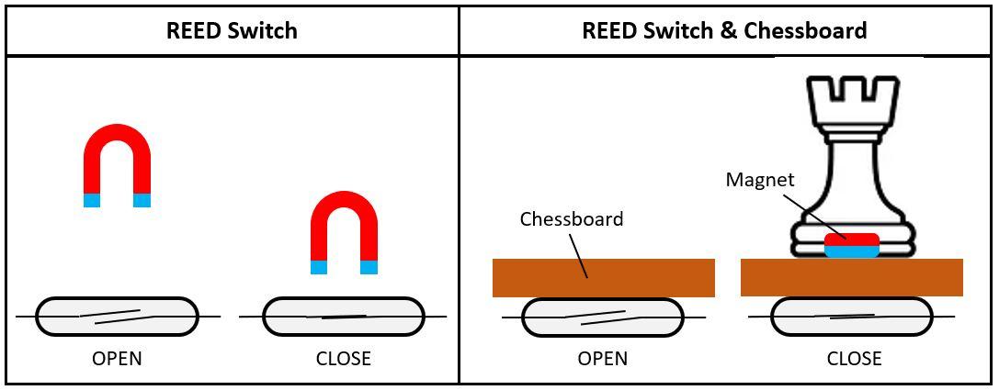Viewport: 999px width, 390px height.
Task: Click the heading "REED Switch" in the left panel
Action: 232,30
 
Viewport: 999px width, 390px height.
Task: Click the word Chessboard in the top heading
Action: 805,30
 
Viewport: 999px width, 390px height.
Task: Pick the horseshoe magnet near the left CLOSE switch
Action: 344,230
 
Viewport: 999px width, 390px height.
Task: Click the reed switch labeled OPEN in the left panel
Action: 117,317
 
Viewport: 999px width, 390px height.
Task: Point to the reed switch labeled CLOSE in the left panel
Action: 343,317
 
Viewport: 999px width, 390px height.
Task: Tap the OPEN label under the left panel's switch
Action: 117,358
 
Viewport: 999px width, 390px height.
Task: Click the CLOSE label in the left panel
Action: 343,358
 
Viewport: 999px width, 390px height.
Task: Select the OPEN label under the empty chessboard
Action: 602,358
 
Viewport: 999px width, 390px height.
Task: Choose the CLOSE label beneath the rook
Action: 854,358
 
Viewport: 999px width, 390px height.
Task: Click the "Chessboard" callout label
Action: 571,219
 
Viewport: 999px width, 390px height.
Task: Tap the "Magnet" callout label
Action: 759,180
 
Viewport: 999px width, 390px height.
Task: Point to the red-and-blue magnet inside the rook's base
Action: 852,245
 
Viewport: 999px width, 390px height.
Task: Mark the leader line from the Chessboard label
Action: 579,252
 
